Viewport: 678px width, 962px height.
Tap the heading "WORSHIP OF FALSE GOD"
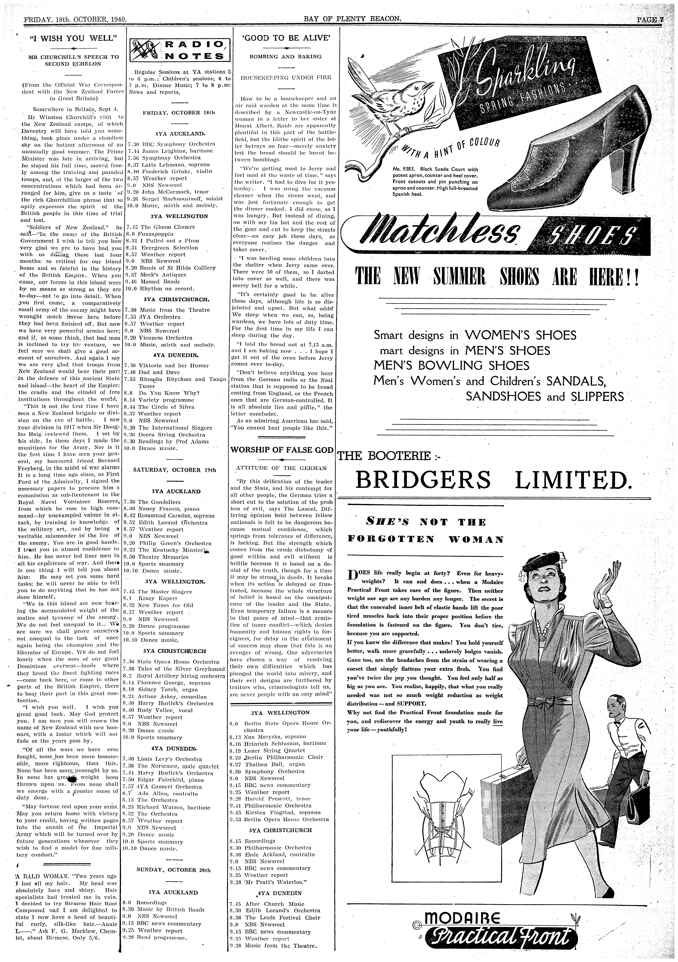click(282, 450)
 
